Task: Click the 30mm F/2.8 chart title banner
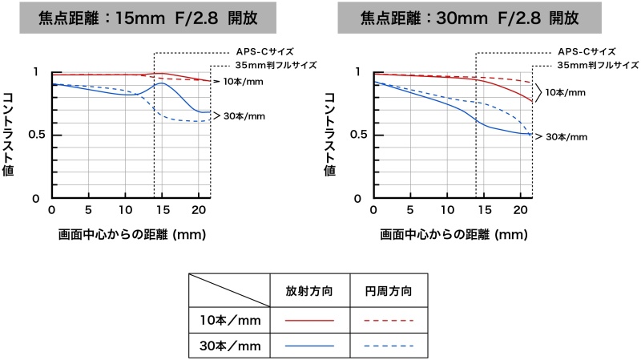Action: tap(470, 17)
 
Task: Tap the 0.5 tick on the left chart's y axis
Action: tap(33, 134)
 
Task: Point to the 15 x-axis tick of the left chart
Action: tap(163, 210)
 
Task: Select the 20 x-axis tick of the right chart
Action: tap(521, 210)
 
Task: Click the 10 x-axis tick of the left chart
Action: tap(126, 210)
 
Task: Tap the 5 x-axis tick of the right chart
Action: tap(409, 210)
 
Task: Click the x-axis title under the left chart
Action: tap(132, 235)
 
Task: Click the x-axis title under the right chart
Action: tap(454, 235)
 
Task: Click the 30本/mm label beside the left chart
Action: tap(244, 116)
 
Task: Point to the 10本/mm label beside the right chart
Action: tap(566, 93)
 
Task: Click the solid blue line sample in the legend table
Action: tap(308, 346)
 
